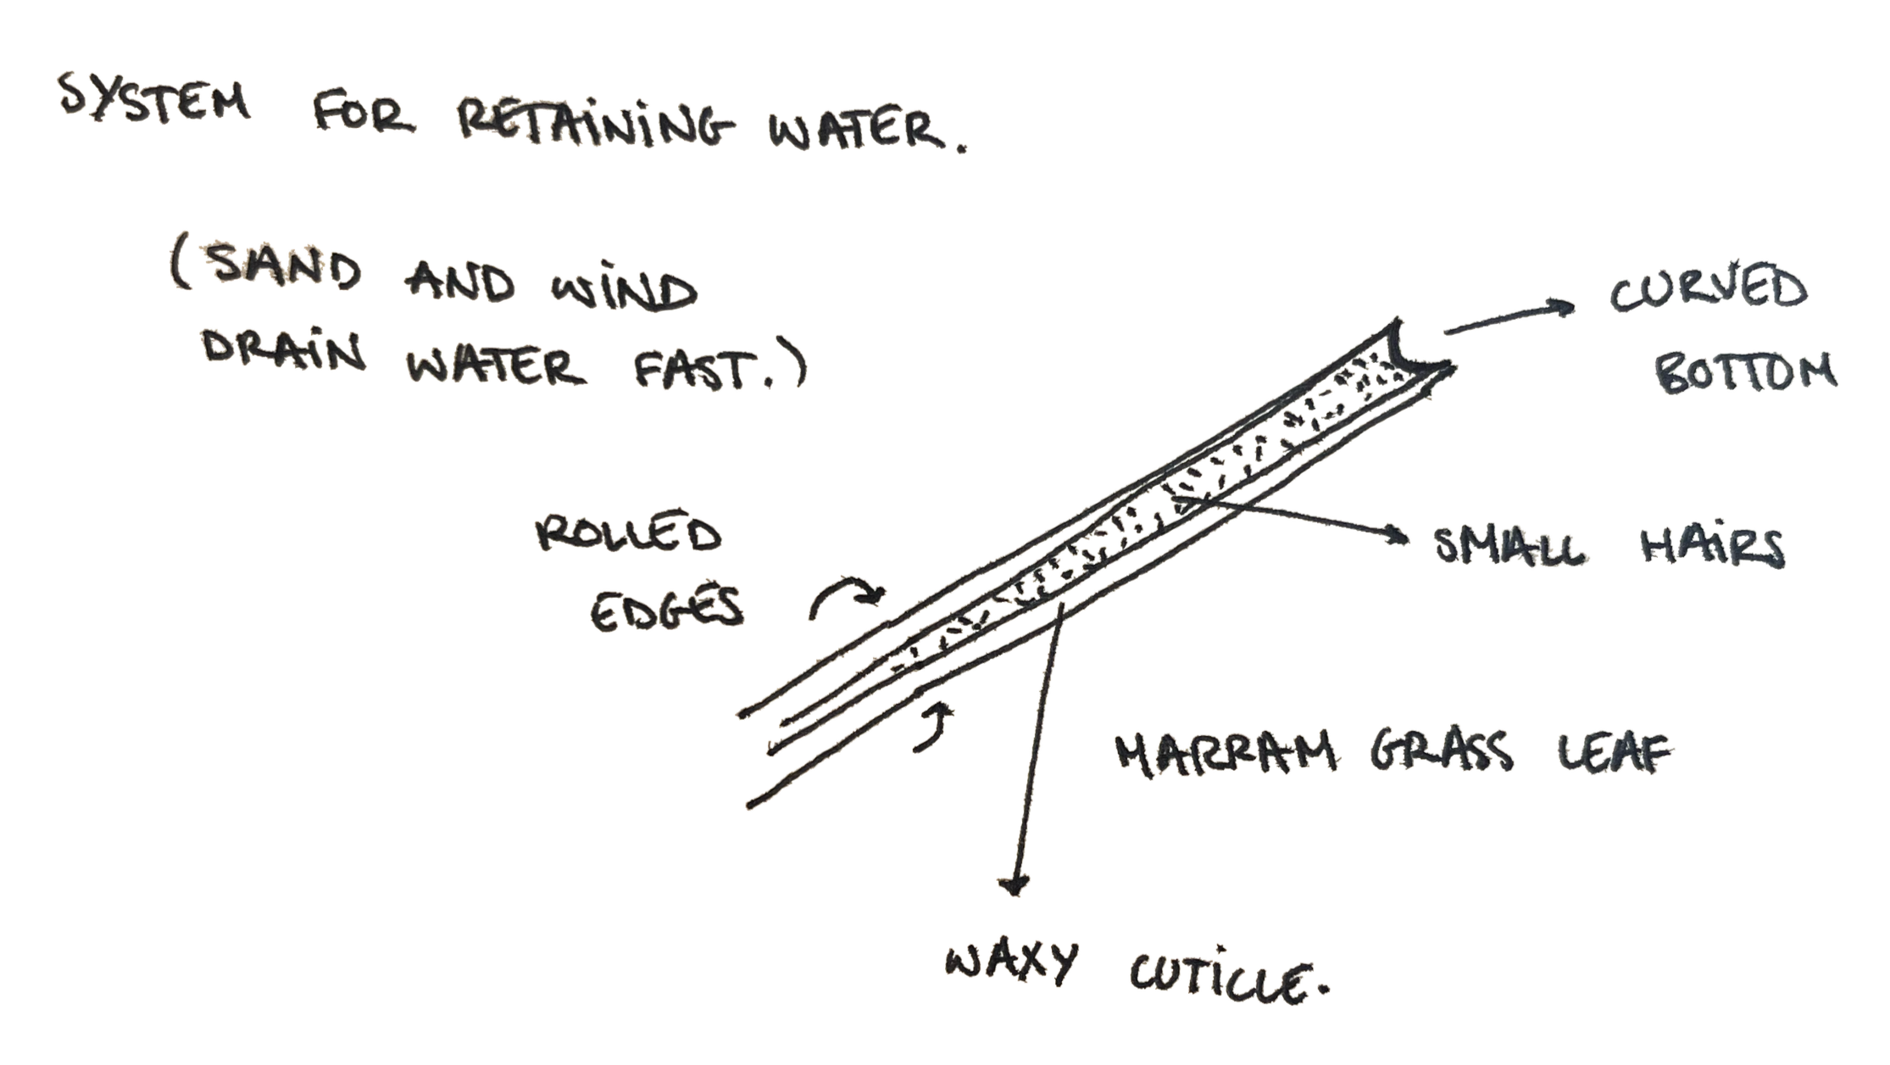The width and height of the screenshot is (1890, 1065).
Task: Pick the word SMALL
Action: [1513, 548]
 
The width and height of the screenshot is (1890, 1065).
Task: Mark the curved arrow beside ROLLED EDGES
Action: [848, 596]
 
